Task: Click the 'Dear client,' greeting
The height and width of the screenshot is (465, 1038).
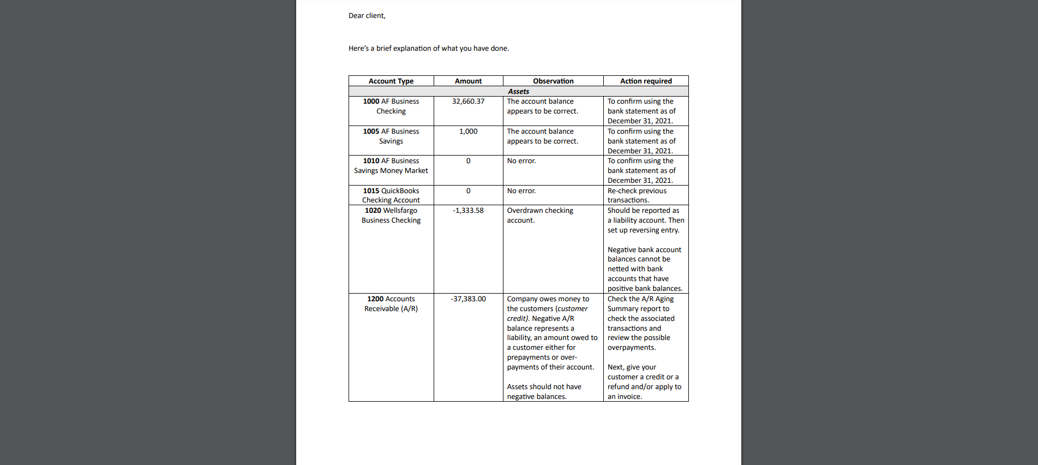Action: click(x=367, y=16)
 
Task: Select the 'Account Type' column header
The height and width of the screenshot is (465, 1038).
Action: click(x=391, y=81)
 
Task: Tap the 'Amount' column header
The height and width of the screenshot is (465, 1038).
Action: click(x=468, y=81)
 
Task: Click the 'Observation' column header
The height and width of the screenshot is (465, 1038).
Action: click(x=553, y=81)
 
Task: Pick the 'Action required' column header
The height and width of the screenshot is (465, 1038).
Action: click(x=645, y=81)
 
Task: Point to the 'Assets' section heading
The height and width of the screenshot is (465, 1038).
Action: click(x=518, y=91)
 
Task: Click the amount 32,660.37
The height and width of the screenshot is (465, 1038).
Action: click(x=468, y=102)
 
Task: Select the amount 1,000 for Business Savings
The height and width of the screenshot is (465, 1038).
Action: click(x=468, y=132)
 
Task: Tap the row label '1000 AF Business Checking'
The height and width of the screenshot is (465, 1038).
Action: click(x=391, y=106)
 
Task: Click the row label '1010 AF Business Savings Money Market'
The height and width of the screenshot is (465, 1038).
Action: click(x=391, y=166)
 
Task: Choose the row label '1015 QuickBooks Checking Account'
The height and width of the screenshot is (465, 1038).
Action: click(x=391, y=195)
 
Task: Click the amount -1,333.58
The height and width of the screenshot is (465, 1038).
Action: click(x=468, y=211)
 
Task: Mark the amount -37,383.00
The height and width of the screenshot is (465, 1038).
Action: click(x=468, y=299)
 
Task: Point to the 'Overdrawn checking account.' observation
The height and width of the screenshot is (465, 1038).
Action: click(x=539, y=216)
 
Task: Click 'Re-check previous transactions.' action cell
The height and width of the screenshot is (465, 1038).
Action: click(x=637, y=195)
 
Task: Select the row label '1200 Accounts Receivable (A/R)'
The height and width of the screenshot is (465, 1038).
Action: click(x=391, y=304)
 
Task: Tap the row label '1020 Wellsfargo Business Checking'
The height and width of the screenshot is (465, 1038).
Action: click(x=391, y=216)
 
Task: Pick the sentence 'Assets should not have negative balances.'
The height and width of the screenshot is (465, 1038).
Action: click(x=544, y=392)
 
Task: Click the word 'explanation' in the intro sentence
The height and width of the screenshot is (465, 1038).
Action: click(x=412, y=49)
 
